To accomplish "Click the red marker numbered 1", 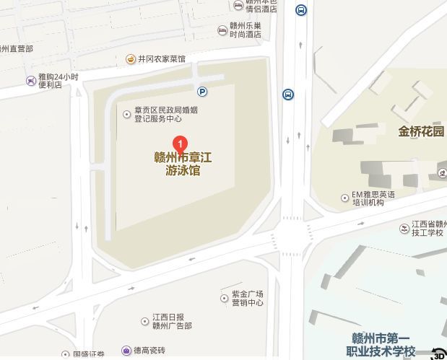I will [181, 144].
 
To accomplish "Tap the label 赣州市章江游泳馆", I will [183, 164].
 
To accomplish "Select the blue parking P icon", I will [203, 92].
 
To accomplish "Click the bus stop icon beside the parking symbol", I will [288, 95].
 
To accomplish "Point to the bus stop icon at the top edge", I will [300, 9].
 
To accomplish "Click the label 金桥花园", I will [421, 131].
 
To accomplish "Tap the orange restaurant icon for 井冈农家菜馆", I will [131, 59].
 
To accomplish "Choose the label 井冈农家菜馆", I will [162, 59].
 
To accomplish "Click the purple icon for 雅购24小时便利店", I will [30, 81].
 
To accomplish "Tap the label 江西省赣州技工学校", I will [429, 228].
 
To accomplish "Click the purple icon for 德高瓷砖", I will [126, 351].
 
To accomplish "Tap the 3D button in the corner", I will [438, 354].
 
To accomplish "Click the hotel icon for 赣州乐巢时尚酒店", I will [222, 30].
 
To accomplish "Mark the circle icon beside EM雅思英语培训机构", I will [344, 198].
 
